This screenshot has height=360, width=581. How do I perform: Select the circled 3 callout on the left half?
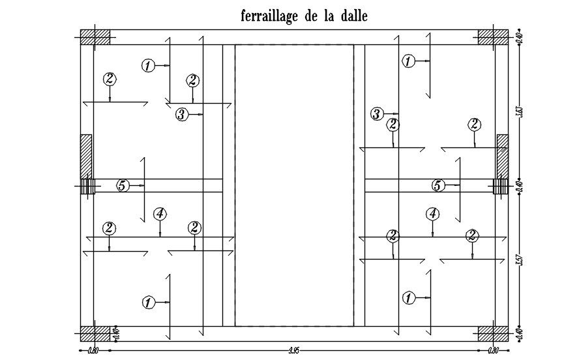pos(182,115)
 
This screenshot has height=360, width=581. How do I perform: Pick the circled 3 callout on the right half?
pos(377,114)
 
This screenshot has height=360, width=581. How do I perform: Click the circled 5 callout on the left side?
pos(122,186)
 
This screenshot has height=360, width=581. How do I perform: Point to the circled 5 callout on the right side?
pos(438,186)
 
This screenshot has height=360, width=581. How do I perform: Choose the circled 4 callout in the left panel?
pos(160,213)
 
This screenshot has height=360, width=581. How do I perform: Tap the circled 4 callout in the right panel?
pos(432,213)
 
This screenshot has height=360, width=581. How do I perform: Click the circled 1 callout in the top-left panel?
pos(149,65)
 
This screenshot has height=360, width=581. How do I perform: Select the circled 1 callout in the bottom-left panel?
pos(149,302)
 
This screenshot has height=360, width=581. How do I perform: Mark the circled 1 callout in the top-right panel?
pos(408,61)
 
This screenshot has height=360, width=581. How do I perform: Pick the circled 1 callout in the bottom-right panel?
pos(408,298)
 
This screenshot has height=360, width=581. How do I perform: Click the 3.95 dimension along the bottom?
pos(294,351)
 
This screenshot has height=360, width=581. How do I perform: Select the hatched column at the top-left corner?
pos(95,37)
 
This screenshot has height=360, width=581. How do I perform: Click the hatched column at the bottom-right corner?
pos(493,334)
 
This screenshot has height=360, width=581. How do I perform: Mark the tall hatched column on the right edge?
pos(502,157)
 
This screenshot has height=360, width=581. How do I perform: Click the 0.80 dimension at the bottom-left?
pos(93,351)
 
